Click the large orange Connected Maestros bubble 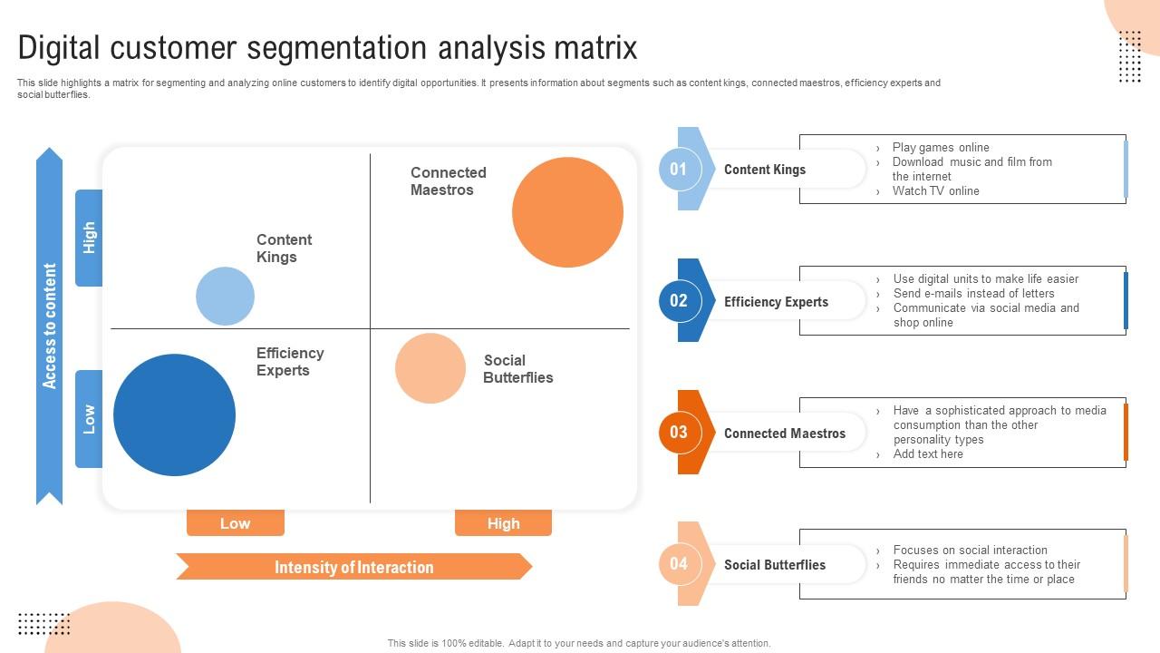pos(567,212)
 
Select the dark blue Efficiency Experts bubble pos(175,415)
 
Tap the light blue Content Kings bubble pos(226,296)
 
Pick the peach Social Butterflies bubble pos(430,368)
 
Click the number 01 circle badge pos(678,169)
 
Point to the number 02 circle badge pos(679,300)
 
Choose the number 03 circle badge pos(679,433)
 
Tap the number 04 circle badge pos(679,564)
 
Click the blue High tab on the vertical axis pos(89,238)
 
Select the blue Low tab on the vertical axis pos(89,419)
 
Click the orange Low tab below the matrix pos(236,523)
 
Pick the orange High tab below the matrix pos(503,523)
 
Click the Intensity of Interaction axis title pos(354,567)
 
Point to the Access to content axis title pos(49,326)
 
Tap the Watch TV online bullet pos(935,191)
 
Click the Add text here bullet pos(928,454)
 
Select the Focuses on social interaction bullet pos(970,550)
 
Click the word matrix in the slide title pos(595,48)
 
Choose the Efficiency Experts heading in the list pos(776,302)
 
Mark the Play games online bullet pos(941,148)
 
